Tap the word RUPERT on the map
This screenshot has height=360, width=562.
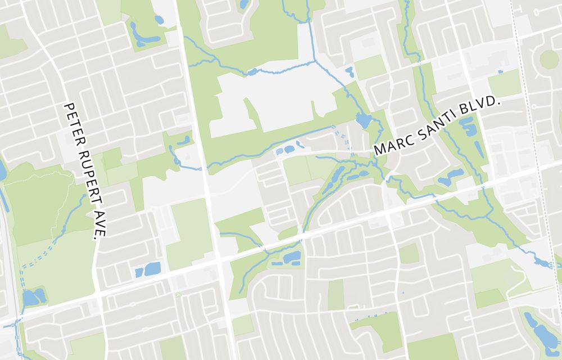coord(85,170)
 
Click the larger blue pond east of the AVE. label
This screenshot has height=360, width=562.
coord(152,269)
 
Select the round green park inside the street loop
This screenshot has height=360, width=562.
coord(548,59)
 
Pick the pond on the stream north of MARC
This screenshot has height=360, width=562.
coord(364,120)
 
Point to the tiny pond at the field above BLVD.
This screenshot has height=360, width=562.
coord(500,71)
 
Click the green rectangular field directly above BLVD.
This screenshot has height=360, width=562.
coord(504,84)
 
